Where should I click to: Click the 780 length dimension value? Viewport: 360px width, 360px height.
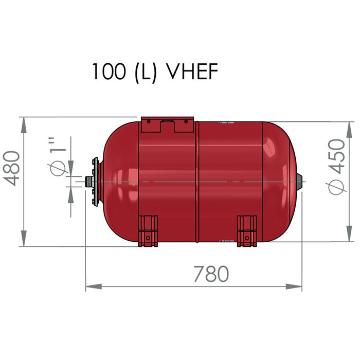coord(211,274)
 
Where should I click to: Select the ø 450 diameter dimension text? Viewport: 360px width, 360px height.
coord(337,166)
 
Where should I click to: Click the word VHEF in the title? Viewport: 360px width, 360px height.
coord(189,72)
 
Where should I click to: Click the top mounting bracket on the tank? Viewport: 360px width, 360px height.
coord(164,125)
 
